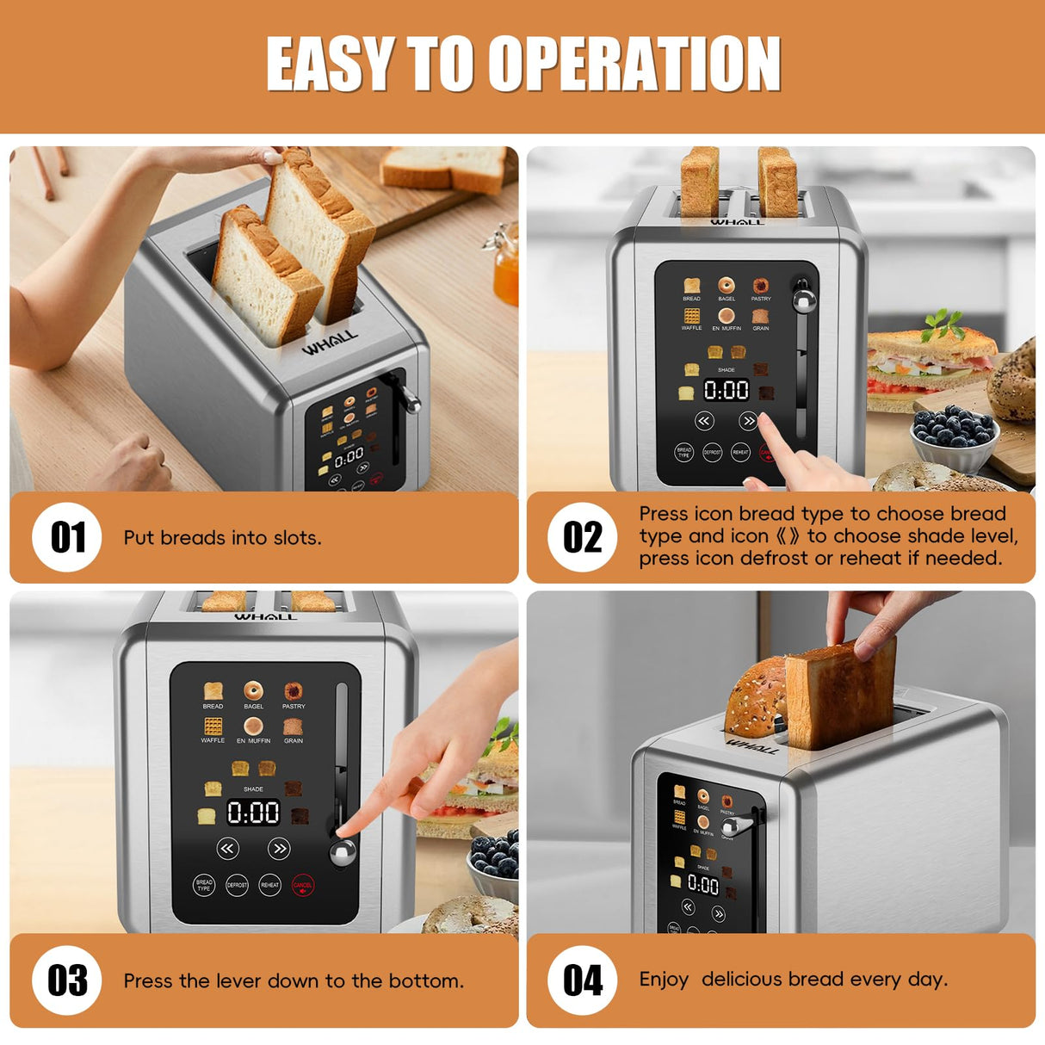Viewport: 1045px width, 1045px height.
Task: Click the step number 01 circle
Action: coord(67,537)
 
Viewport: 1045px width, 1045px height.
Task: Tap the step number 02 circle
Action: coord(583,537)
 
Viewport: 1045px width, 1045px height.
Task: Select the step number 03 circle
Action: coord(67,980)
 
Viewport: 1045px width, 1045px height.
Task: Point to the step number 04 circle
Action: coord(583,980)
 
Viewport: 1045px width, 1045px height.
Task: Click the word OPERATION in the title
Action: coord(634,64)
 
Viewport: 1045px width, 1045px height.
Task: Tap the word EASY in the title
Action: coord(329,64)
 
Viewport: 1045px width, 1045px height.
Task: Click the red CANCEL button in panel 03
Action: coord(302,885)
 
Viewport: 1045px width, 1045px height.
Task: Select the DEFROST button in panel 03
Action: coord(237,885)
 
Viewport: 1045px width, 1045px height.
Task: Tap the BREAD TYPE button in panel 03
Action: coord(204,885)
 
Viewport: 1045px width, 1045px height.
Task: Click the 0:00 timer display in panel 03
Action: coord(253,812)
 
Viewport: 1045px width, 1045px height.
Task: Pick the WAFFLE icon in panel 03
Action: coord(213,727)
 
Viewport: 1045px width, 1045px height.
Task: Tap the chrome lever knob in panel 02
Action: coord(804,300)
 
